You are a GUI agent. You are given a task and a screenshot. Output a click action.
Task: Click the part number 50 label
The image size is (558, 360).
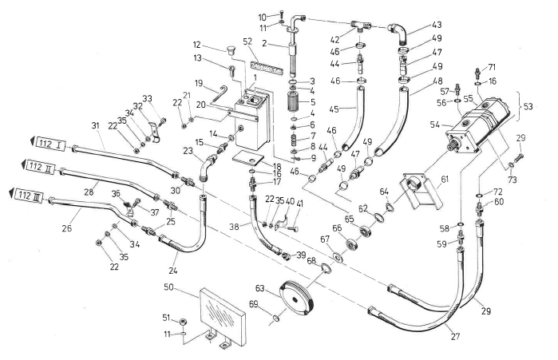[x=169, y=286]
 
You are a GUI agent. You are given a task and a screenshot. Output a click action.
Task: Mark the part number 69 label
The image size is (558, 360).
[x=275, y=304]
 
